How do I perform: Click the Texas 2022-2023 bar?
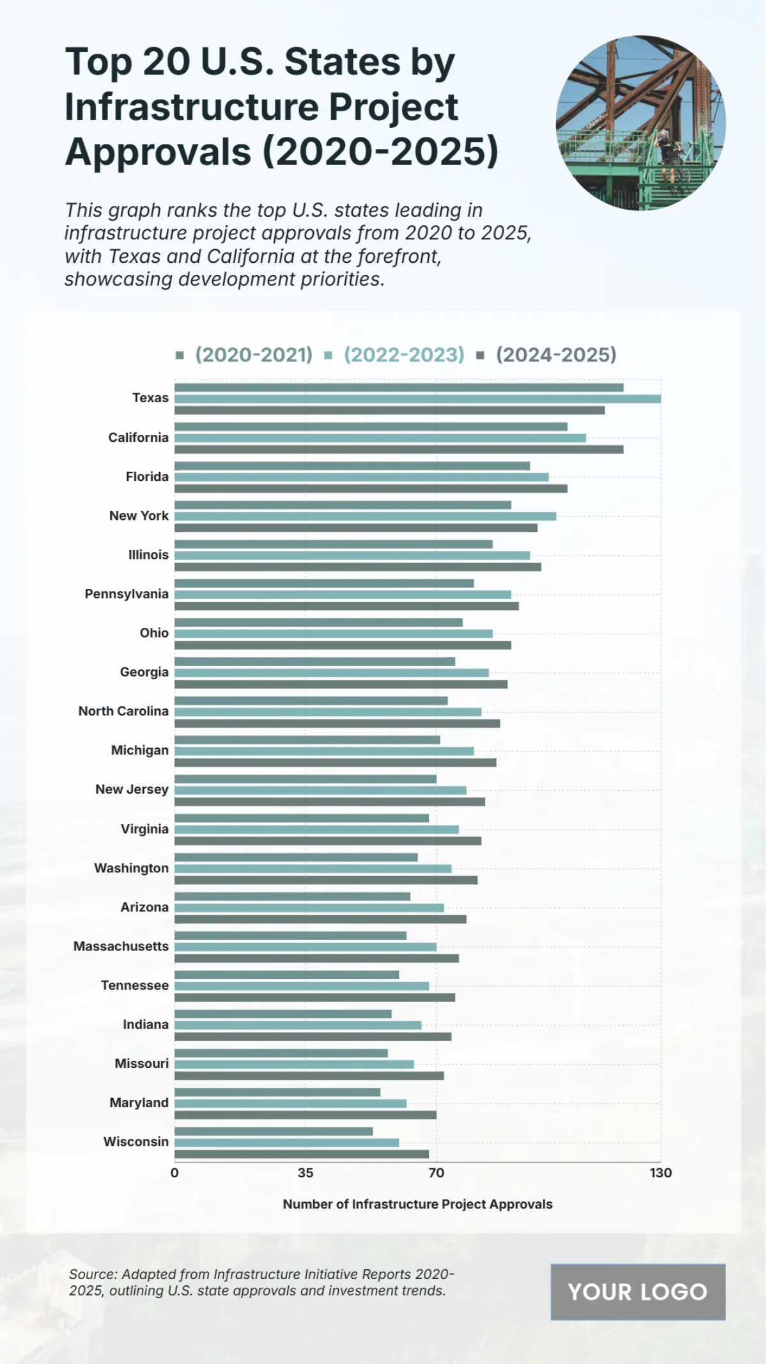tap(417, 399)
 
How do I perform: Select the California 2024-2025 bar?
tap(399, 450)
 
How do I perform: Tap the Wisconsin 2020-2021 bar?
tap(274, 1131)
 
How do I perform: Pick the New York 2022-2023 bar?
tap(365, 516)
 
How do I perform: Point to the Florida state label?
tap(147, 477)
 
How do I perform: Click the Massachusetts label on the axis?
tap(121, 946)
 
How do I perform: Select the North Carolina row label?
tap(123, 711)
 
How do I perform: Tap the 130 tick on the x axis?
tap(661, 1173)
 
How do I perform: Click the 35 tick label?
tap(306, 1173)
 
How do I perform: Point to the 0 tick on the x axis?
tap(174, 1173)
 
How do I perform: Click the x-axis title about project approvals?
tap(417, 1204)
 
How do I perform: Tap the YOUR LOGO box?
tap(638, 1292)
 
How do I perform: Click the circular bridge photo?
tap(640, 123)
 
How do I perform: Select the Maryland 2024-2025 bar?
tap(306, 1115)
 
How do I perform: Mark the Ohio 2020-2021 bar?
tap(318, 622)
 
